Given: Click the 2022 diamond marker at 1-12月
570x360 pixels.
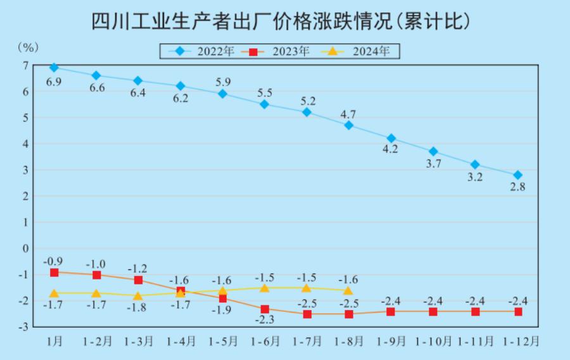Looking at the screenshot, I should [x=517, y=175].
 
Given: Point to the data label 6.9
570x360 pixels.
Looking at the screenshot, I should [x=54, y=82].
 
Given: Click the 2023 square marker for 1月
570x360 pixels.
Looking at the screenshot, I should [x=54, y=272].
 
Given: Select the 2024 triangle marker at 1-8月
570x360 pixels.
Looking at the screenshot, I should [x=348, y=290].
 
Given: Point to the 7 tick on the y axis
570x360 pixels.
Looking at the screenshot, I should [x=25, y=65].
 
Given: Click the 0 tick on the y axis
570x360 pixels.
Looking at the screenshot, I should [x=25, y=248].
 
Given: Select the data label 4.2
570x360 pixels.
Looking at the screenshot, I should [x=391, y=151].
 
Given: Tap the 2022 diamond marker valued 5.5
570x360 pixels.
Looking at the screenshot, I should [x=265, y=104].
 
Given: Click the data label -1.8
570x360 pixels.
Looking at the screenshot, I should [x=138, y=308].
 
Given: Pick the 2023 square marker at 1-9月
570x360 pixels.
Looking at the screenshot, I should [x=391, y=311].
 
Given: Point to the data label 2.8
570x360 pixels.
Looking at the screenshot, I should [x=517, y=188].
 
